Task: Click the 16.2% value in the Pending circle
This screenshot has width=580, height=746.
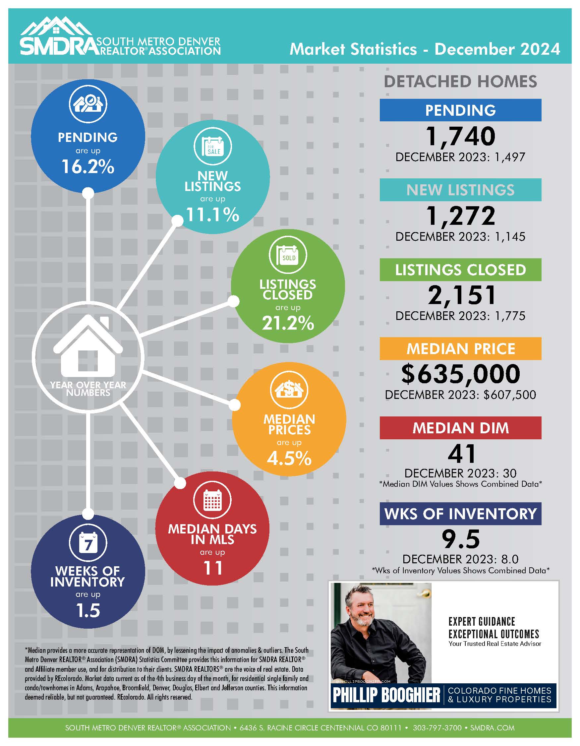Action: coord(88,167)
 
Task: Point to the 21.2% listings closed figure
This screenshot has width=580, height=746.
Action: coord(288,323)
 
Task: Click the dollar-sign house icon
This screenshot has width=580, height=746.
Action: coord(289,390)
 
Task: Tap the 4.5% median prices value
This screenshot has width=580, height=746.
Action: coord(289,458)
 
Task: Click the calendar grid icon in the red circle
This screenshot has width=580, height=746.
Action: coord(212,500)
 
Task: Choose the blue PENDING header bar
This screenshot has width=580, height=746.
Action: coord(460,110)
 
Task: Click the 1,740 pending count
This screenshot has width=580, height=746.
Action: coord(460,136)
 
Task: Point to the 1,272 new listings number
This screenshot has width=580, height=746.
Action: coord(460,216)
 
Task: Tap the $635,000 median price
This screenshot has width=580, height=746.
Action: coord(460,374)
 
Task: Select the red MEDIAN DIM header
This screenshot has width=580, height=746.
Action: coord(460,428)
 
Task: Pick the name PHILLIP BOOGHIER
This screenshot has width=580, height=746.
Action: coord(386,696)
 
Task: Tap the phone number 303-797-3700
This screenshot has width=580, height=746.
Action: coord(437,728)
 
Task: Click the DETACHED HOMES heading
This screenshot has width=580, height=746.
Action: coord(460,82)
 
